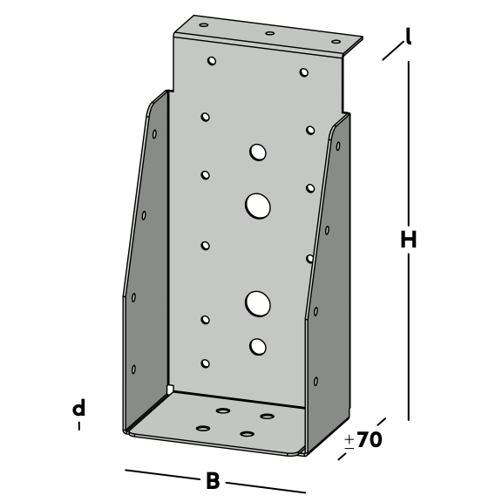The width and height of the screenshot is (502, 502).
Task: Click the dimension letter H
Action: click(x=409, y=240)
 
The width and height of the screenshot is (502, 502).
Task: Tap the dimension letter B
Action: click(x=213, y=481)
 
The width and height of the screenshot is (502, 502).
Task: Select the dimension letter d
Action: click(x=78, y=407)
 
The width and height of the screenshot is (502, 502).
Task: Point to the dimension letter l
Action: click(x=408, y=36)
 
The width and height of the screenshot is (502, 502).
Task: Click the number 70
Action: click(x=370, y=439)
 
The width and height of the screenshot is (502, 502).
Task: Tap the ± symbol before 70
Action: click(x=349, y=441)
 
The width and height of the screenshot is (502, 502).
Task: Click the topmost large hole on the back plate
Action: click(x=258, y=152)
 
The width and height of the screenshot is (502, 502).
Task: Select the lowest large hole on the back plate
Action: click(x=258, y=347)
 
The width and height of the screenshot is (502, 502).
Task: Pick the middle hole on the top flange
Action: click(x=270, y=33)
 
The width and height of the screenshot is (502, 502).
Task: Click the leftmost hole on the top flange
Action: click(x=204, y=25)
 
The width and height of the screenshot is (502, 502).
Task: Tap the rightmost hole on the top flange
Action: click(x=336, y=42)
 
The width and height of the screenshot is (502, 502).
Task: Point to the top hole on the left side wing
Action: click(x=154, y=134)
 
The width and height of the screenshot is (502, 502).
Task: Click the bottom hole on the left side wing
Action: click(x=133, y=370)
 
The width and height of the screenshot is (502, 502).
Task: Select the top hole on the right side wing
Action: click(x=338, y=146)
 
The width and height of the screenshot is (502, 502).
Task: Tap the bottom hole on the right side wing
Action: click(x=315, y=382)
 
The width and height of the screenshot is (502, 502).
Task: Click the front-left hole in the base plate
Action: click(x=203, y=429)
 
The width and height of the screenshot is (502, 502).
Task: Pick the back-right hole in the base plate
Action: click(x=267, y=417)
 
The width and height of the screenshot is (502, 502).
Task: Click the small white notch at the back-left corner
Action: click(x=170, y=389)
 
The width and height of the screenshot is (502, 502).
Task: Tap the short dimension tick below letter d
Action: click(x=79, y=426)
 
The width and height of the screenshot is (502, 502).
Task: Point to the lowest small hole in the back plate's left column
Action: click(x=205, y=363)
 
